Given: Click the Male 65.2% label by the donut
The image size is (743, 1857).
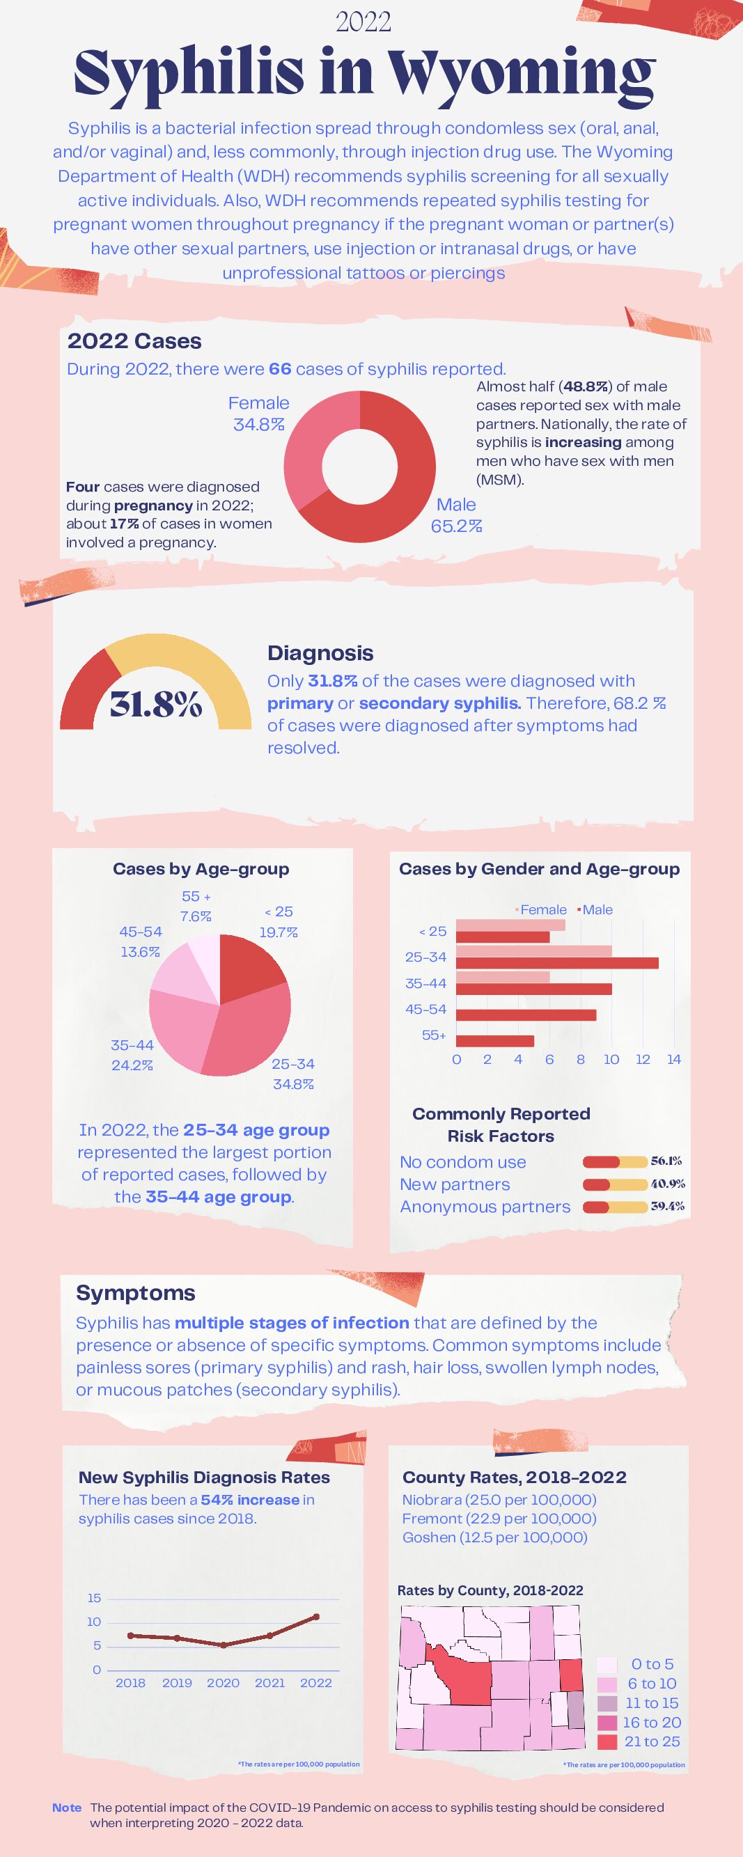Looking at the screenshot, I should tap(456, 515).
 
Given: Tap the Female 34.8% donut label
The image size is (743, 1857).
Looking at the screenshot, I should tap(259, 414).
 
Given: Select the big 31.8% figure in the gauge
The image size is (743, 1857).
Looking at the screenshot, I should tap(156, 705).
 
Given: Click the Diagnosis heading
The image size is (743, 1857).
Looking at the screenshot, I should tap(321, 653).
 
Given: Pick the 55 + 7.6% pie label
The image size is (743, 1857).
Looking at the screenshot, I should tap(196, 906).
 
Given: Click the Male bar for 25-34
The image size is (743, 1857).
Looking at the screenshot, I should tap(557, 963).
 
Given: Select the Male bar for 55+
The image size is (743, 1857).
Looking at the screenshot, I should tap(495, 1041).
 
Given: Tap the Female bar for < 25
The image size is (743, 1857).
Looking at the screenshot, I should tap(511, 925).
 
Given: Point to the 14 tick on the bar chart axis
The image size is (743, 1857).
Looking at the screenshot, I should tap(674, 1060).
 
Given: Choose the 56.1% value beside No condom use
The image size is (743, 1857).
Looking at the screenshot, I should tap(666, 1161).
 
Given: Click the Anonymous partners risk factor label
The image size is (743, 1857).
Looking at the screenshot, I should tap(485, 1207).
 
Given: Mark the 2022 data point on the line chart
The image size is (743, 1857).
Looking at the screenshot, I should tap(315, 1616).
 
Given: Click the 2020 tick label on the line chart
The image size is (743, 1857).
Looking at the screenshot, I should tap(224, 1682).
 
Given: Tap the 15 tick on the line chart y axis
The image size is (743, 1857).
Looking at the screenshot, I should tap(95, 1598).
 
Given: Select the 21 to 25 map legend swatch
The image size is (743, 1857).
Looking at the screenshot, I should tap(607, 1741).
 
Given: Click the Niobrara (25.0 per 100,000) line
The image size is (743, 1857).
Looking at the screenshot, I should tap(499, 1499).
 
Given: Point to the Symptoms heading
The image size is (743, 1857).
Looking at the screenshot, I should tap(136, 1293).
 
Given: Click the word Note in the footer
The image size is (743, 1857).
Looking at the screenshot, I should tap(67, 1808).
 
